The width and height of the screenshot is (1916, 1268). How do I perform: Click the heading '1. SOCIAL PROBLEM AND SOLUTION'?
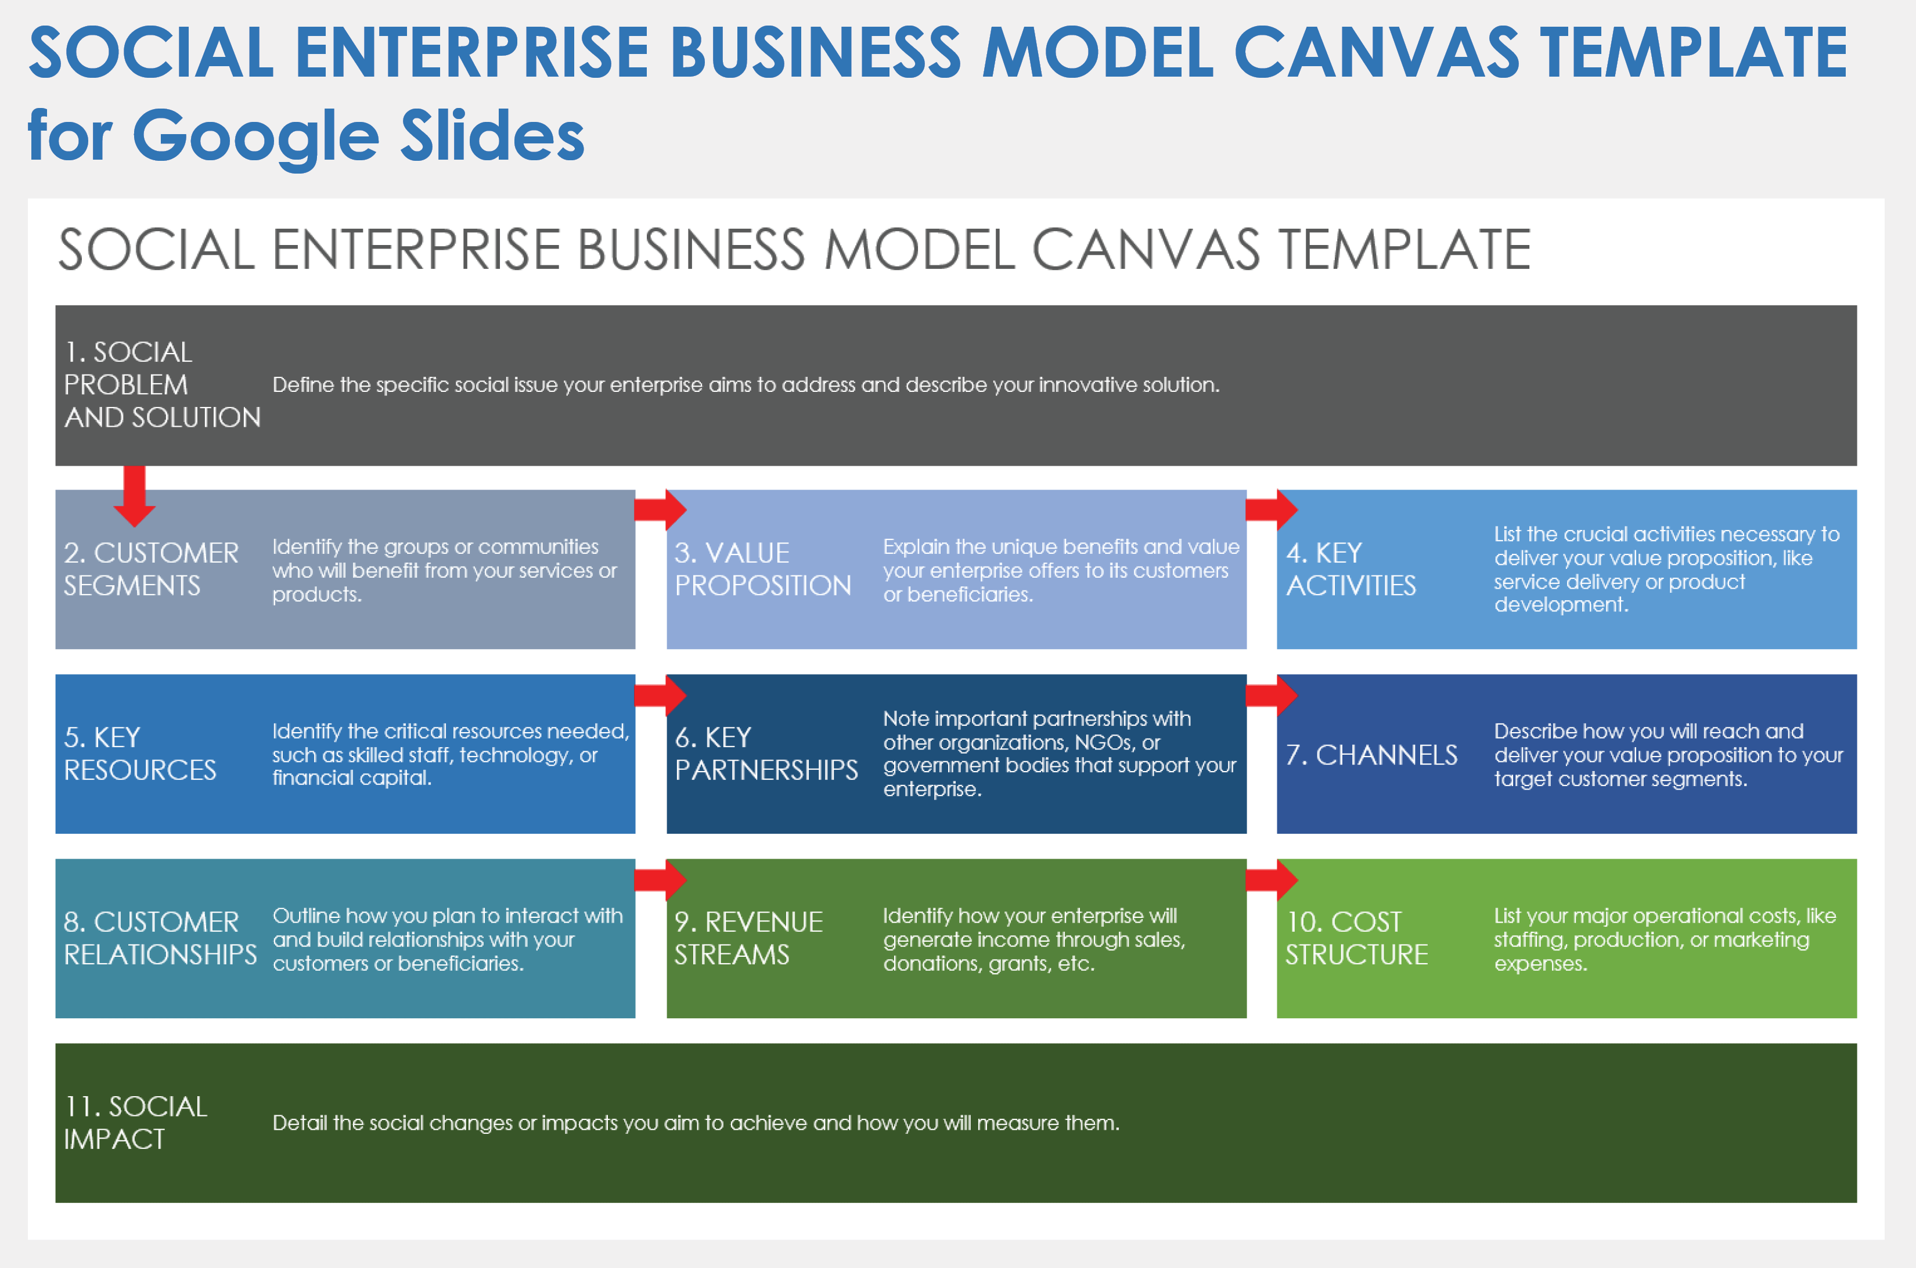click(162, 385)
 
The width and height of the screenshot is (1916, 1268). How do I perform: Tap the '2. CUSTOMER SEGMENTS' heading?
click(151, 570)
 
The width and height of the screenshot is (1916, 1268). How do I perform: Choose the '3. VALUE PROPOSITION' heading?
click(763, 570)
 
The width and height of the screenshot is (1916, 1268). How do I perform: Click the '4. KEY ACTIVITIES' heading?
click(1350, 570)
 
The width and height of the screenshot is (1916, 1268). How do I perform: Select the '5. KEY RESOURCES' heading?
click(140, 754)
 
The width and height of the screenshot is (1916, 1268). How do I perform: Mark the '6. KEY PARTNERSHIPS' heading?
click(766, 754)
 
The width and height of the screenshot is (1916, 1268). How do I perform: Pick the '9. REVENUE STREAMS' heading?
click(748, 938)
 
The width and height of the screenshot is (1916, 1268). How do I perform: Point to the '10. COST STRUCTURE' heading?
click(1356, 938)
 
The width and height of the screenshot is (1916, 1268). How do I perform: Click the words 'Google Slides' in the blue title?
click(358, 136)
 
